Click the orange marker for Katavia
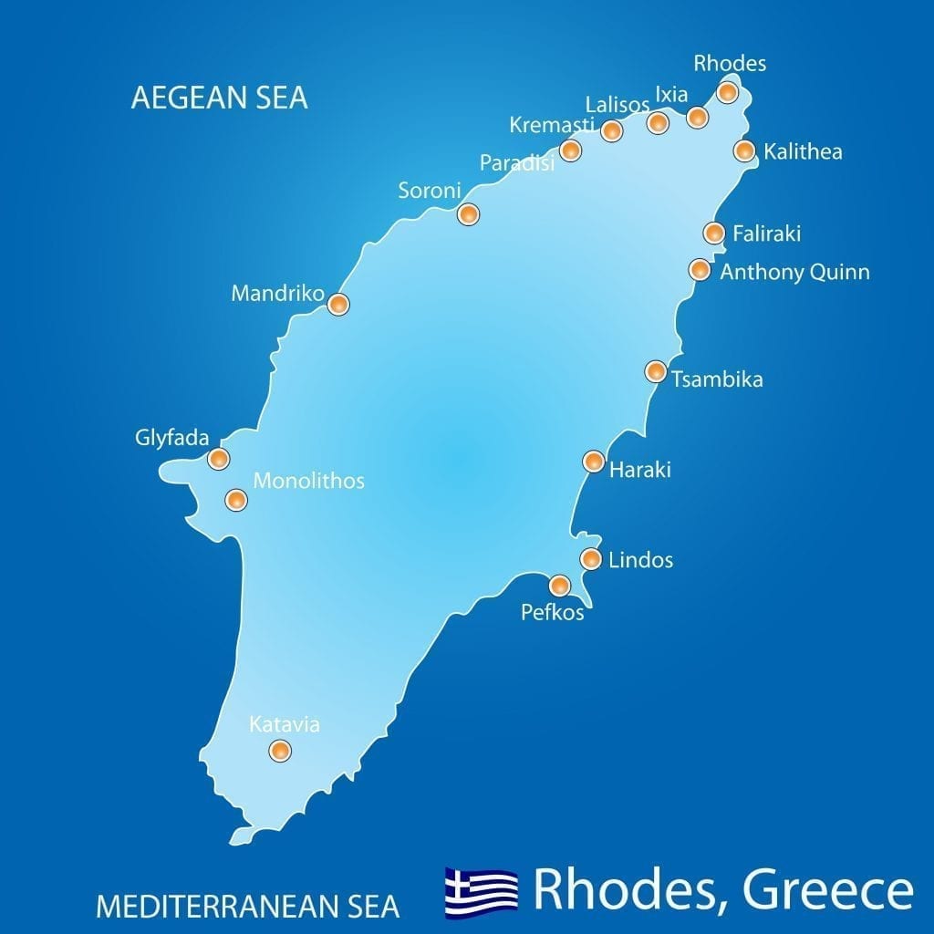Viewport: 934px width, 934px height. coord(280,751)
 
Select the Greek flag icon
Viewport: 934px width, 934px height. coord(481,892)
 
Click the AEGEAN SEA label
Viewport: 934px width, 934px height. coord(219,98)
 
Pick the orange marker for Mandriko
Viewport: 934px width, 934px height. coord(337,304)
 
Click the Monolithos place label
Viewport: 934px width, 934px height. coord(308,481)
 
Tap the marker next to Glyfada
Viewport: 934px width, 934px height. coord(218,458)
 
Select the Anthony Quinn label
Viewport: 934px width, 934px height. coord(794,272)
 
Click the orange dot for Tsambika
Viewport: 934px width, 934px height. coord(655,371)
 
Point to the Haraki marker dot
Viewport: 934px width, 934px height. coord(593,462)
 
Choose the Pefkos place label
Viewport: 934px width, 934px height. coord(552,613)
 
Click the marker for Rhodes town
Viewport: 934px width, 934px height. coord(727,91)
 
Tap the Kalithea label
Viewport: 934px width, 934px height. coord(803,151)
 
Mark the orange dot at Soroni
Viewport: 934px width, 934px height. coord(468,214)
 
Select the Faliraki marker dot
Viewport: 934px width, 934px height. coord(714,233)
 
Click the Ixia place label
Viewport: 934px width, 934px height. coord(671,94)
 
